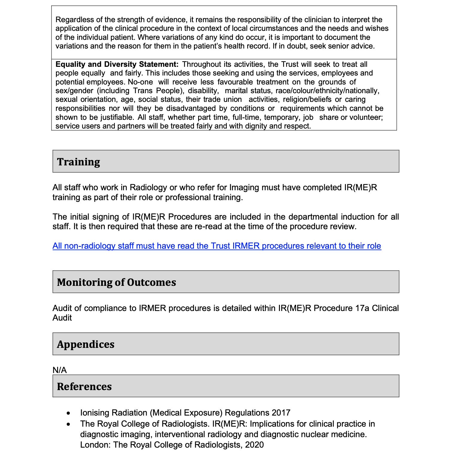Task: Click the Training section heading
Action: pyautogui.click(x=78, y=162)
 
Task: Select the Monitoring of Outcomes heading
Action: pyautogui.click(x=116, y=282)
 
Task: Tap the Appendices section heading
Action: pyautogui.click(x=86, y=344)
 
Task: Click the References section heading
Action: pyautogui.click(x=84, y=386)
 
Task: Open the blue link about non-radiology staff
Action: pyautogui.click(x=217, y=246)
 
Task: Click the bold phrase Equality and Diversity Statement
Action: pyautogui.click(x=117, y=64)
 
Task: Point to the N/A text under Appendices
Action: pyautogui.click(x=60, y=370)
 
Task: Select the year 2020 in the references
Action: pyautogui.click(x=254, y=445)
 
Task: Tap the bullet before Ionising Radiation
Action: pyautogui.click(x=69, y=413)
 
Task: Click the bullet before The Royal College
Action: pyautogui.click(x=69, y=424)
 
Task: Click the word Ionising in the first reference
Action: pyautogui.click(x=95, y=413)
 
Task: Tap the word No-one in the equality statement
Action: pyautogui.click(x=140, y=82)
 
